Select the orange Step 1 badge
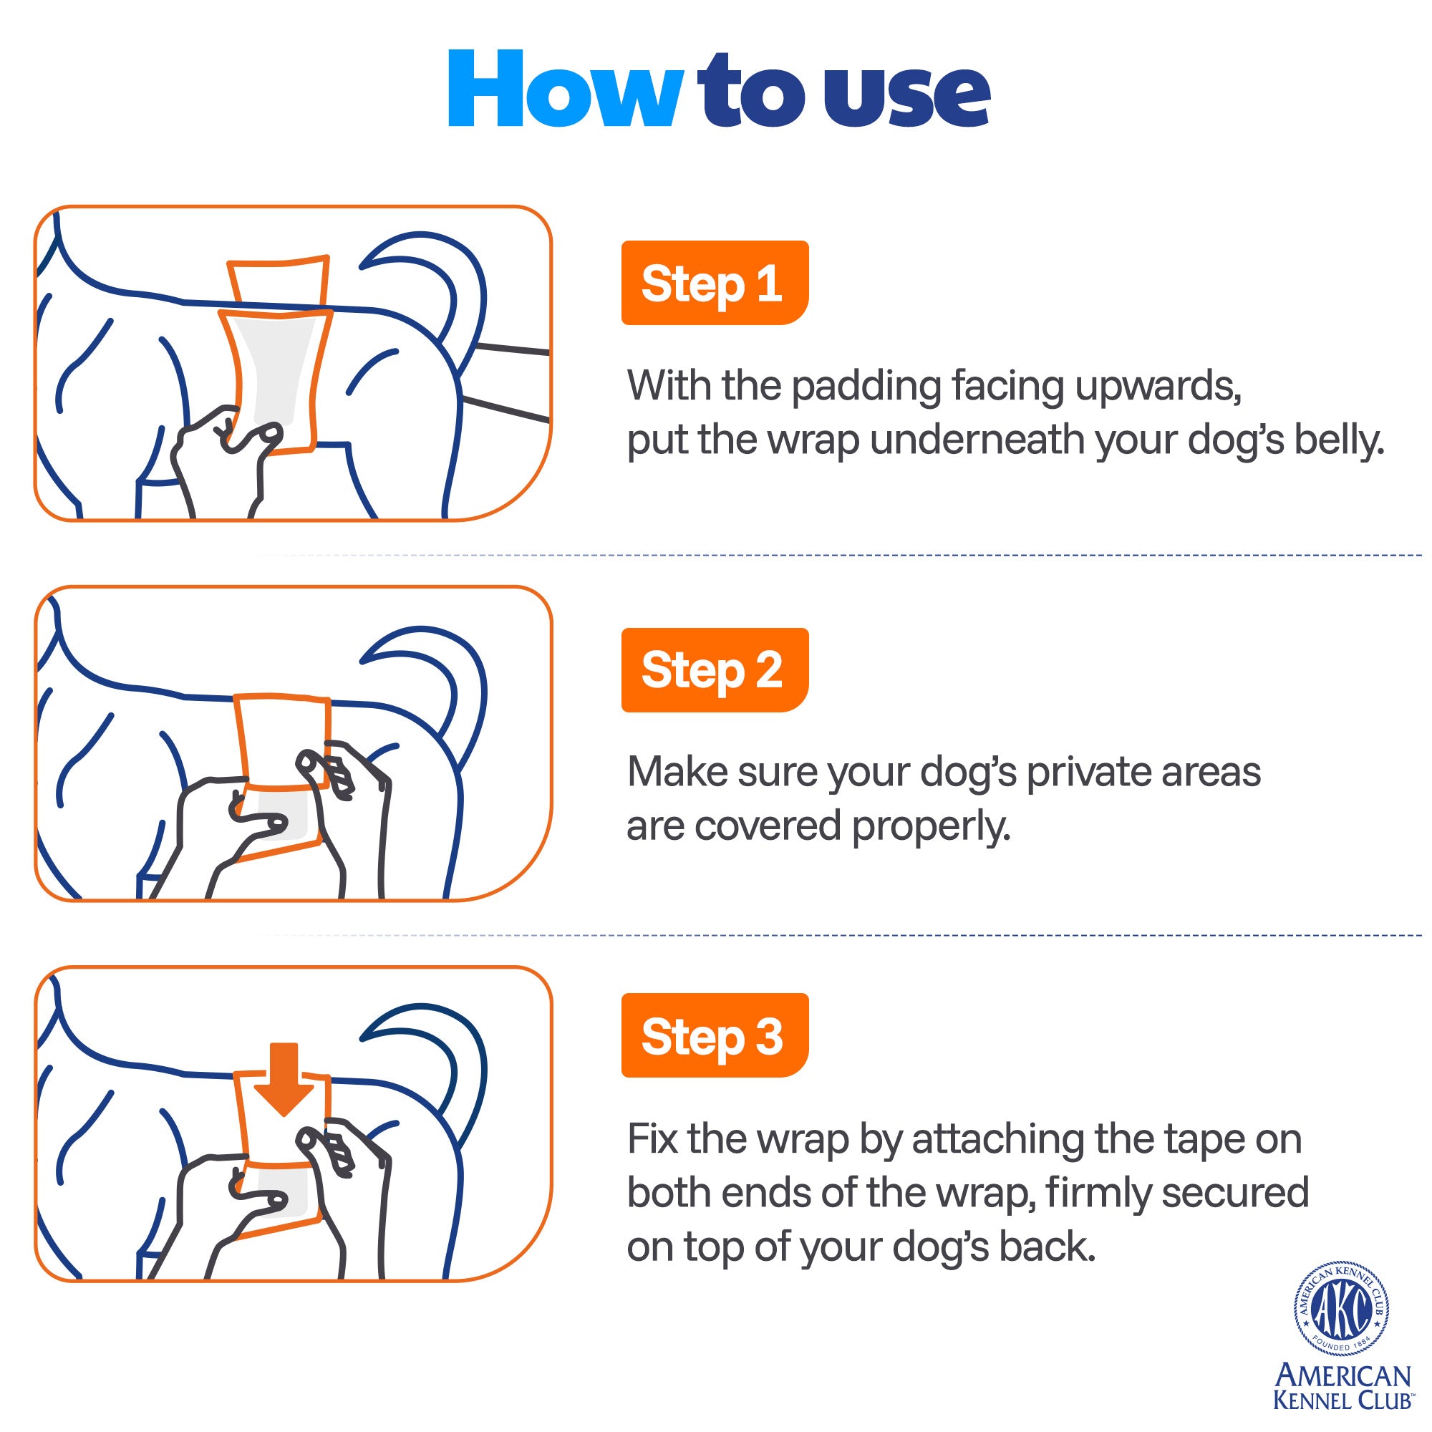(715, 282)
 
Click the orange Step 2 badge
(715, 669)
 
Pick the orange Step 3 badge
(715, 1035)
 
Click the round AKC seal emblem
(1342, 1310)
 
